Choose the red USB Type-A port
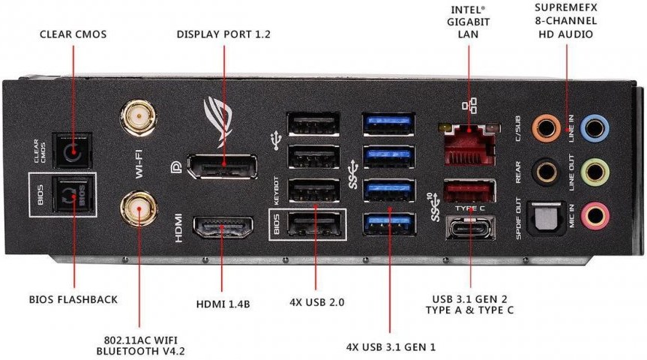coord(468,191)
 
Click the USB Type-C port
coord(468,226)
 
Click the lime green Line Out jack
coord(596,171)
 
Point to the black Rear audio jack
coord(546,171)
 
